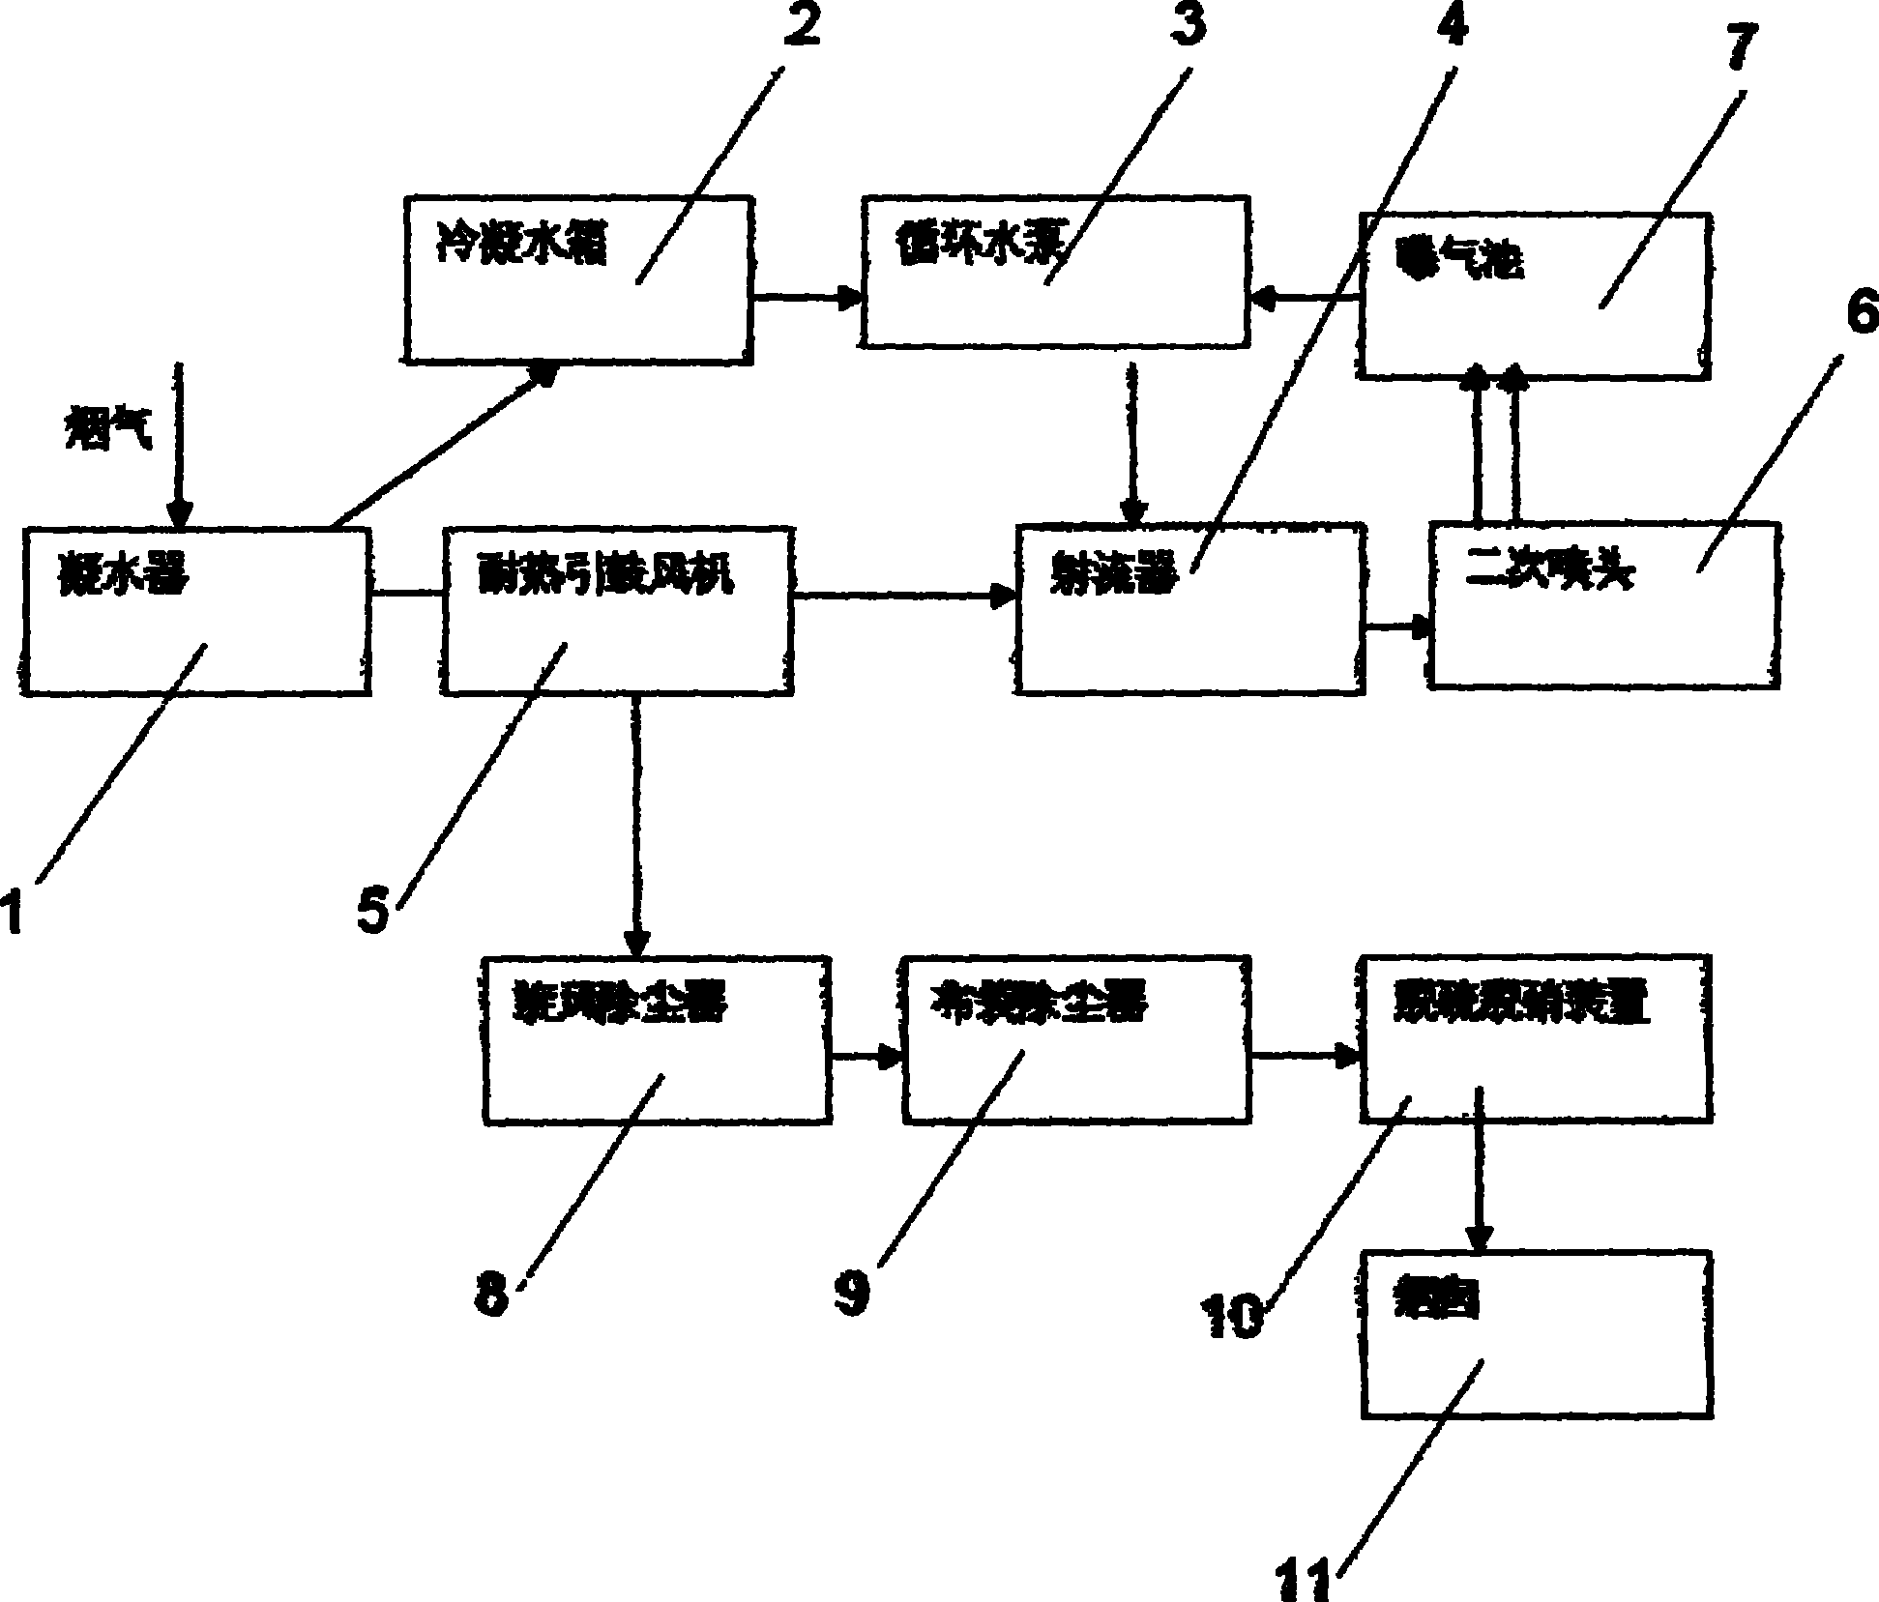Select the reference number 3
[x=1188, y=25]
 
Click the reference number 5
[x=373, y=911]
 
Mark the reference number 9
[x=853, y=1294]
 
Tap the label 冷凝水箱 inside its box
[x=522, y=247]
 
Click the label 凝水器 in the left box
[x=125, y=577]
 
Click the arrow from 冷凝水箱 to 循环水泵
[x=808, y=297]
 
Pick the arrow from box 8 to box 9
[x=866, y=1057]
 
